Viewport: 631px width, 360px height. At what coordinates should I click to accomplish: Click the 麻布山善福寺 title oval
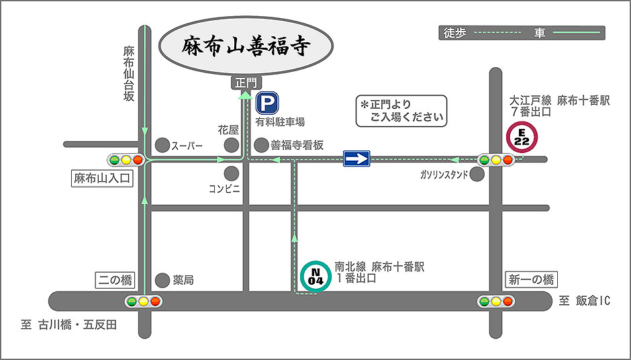(x=245, y=46)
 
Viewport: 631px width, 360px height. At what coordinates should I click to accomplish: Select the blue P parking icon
(x=267, y=103)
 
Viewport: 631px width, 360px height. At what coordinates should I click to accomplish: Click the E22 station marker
(x=522, y=137)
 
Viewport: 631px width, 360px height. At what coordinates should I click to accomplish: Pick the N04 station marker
(x=315, y=275)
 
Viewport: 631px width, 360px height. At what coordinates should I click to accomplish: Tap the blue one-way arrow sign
(x=356, y=159)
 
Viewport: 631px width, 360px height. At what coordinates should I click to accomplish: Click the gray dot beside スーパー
(x=162, y=144)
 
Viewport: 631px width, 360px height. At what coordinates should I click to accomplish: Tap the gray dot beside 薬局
(x=162, y=279)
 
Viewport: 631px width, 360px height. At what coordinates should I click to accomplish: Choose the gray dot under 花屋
(x=232, y=144)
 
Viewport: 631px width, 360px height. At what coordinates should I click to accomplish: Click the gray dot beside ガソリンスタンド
(x=477, y=175)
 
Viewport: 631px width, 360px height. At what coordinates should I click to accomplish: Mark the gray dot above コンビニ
(x=232, y=173)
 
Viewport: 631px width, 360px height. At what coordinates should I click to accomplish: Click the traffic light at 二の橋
(x=144, y=302)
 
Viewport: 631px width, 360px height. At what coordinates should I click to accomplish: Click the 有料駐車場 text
(x=280, y=122)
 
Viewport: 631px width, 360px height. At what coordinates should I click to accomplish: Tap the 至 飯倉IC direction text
(x=584, y=302)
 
